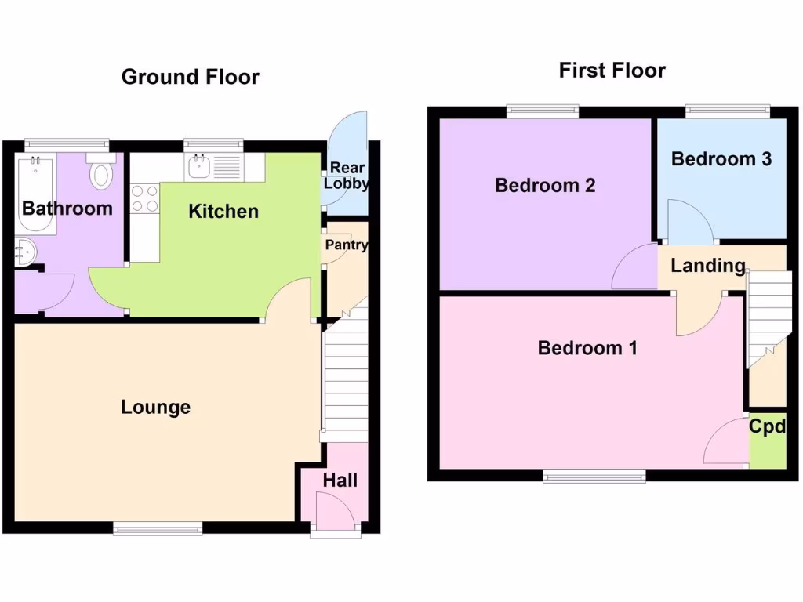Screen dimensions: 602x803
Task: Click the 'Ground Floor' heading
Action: [190, 77]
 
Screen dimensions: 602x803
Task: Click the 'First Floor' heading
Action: [612, 71]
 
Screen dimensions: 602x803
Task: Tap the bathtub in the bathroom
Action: [34, 192]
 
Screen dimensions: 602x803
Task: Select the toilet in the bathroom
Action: [101, 173]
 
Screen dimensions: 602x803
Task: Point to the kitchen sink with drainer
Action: [215, 165]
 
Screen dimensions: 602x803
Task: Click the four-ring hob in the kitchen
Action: [144, 198]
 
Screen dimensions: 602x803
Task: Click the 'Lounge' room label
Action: [155, 408]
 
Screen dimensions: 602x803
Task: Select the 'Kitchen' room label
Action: [223, 211]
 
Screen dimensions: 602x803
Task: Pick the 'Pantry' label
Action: [346, 245]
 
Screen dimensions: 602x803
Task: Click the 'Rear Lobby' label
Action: [347, 176]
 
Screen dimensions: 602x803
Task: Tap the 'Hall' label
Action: [340, 480]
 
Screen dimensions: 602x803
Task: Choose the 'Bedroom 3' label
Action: [721, 159]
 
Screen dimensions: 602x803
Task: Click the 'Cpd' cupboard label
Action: [767, 427]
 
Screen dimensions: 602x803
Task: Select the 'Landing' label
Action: [707, 266]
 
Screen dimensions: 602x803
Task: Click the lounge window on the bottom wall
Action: [158, 529]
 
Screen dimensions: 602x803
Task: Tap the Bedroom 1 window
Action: [595, 475]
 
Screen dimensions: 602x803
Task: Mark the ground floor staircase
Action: [345, 376]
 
